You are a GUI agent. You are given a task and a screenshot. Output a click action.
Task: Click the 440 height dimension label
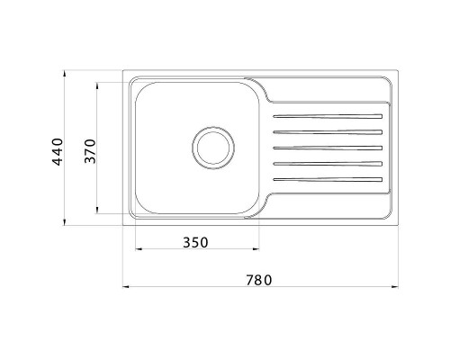click(x=56, y=152)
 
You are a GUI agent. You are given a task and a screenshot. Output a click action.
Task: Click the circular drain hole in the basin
click(x=212, y=146)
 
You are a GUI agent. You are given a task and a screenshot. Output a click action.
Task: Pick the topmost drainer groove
click(x=328, y=117)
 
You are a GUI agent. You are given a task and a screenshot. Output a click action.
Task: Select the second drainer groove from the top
click(x=328, y=132)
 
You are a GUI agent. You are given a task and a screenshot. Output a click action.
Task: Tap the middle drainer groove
click(x=328, y=148)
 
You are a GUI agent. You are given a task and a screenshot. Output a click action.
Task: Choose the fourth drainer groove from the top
click(x=328, y=163)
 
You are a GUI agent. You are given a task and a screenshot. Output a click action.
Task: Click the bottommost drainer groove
click(x=328, y=178)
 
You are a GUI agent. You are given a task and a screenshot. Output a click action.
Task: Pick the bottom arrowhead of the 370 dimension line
click(x=98, y=212)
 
